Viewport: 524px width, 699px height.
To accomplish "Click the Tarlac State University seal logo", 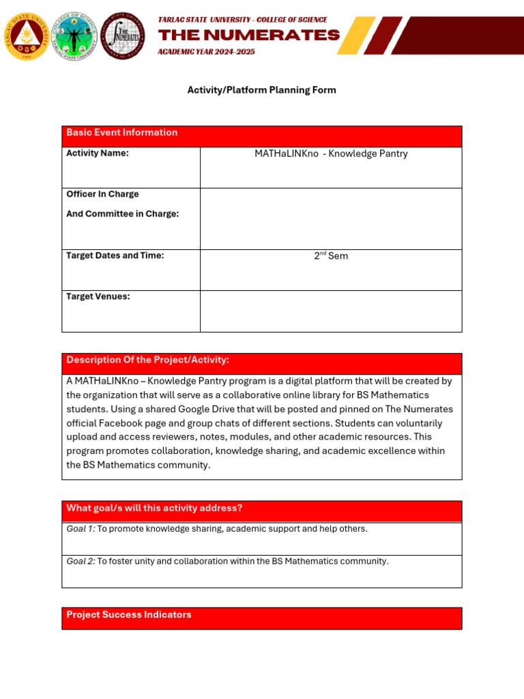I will pyautogui.click(x=27, y=35).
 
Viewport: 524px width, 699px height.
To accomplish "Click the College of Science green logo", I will pyautogui.click(x=75, y=35).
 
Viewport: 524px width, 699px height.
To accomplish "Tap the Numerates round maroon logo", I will pyautogui.click(x=123, y=35).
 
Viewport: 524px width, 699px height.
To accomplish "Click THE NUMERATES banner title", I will pyautogui.click(x=248, y=35).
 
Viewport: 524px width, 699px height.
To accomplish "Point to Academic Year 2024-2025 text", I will pyautogui.click(x=206, y=52).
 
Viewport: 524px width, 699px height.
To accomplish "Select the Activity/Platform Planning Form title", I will pyautogui.click(x=261, y=90).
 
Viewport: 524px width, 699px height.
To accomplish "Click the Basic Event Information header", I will pyautogui.click(x=121, y=132).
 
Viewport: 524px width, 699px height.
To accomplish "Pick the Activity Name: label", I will pyautogui.click(x=97, y=153).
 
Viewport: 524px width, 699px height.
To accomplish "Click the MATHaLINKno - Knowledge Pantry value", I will pyautogui.click(x=331, y=154).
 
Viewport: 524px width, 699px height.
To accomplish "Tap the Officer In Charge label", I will pyautogui.click(x=102, y=194).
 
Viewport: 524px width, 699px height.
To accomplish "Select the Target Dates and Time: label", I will pyautogui.click(x=115, y=255).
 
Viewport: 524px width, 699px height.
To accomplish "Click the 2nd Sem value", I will pyautogui.click(x=331, y=256).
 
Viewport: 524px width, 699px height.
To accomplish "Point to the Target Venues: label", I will pyautogui.click(x=98, y=296).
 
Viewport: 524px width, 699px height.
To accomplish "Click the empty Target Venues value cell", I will pyautogui.click(x=331, y=311).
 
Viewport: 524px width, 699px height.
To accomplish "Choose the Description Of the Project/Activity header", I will pyautogui.click(x=147, y=360).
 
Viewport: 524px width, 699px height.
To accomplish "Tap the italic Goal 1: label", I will pyautogui.click(x=81, y=529).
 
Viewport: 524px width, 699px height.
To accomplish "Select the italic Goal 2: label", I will pyautogui.click(x=81, y=561).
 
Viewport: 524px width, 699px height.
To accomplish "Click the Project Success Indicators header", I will pyautogui.click(x=128, y=614).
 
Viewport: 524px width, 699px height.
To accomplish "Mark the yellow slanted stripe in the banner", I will pyautogui.click(x=357, y=35).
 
